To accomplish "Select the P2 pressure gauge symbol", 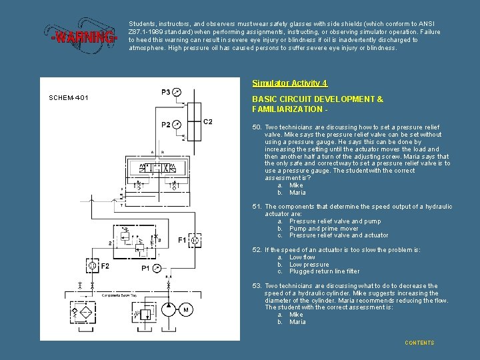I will tap(175, 124).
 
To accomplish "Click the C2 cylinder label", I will tap(207, 121).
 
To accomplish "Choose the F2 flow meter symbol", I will tap(92, 266).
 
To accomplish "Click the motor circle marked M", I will tap(185, 310).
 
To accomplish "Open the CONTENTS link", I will tap(419, 343).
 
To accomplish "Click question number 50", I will tap(256, 127).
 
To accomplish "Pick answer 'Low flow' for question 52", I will tap(302, 257).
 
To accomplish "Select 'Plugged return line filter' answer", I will tap(324, 271).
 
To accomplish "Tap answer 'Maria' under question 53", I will tap(297, 322).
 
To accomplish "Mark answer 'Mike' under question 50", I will tap(295, 185).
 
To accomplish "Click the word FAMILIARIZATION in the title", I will tap(279, 109).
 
